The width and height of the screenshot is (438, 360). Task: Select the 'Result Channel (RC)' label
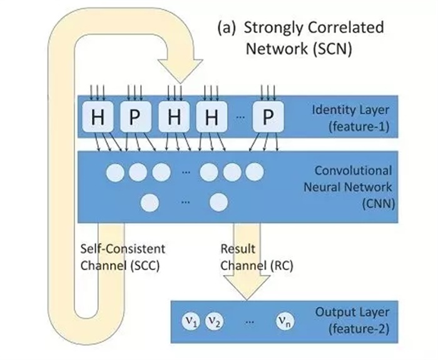pyautogui.click(x=248, y=256)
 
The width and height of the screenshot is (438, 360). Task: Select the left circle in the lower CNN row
pyautogui.click(x=150, y=202)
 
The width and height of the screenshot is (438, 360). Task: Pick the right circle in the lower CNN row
pyautogui.click(x=217, y=202)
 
